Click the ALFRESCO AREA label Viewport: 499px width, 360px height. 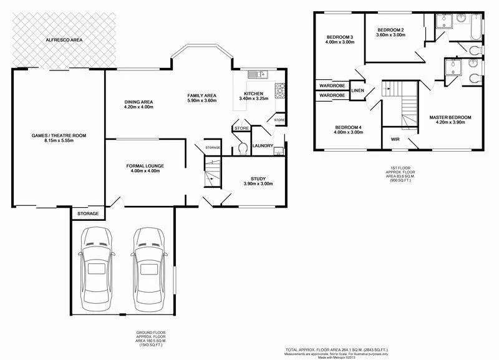(x=64, y=40)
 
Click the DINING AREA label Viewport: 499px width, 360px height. (x=138, y=102)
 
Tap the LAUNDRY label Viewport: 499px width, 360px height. (x=260, y=146)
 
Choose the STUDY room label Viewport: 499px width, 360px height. (x=258, y=178)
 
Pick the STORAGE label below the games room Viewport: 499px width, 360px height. (x=88, y=213)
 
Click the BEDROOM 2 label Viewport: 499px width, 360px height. (x=391, y=30)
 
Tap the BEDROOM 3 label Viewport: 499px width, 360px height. (x=340, y=38)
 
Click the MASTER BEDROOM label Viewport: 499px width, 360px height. (x=450, y=117)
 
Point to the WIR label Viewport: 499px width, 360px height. (x=395, y=139)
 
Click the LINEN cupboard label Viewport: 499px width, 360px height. (x=357, y=90)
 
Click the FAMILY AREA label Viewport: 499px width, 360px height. (x=201, y=95)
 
